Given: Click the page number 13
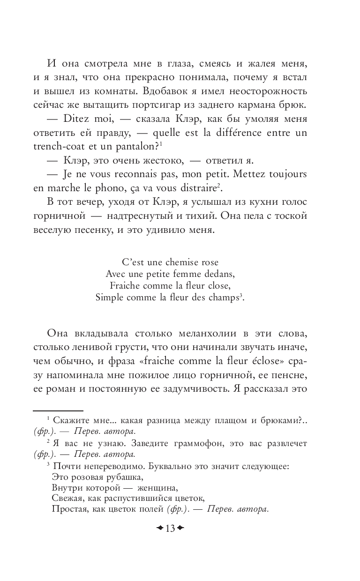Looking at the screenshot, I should [170, 529].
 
